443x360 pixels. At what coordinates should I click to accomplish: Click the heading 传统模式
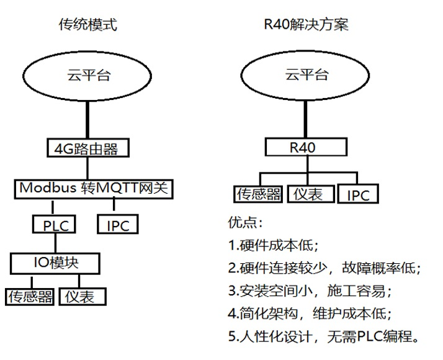click(87, 25)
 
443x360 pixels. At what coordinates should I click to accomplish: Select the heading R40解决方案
click(305, 25)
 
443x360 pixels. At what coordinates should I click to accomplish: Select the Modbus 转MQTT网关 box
click(92, 188)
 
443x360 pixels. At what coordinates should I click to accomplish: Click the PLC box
click(55, 225)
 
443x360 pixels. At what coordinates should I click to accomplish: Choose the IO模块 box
click(55, 263)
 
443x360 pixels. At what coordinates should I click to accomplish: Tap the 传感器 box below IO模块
click(30, 297)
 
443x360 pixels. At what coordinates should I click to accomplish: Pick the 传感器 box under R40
click(257, 194)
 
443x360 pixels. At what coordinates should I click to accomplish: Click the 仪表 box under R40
click(309, 194)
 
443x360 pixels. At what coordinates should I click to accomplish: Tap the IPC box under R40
click(358, 195)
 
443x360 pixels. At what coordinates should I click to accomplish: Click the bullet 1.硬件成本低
click(273, 245)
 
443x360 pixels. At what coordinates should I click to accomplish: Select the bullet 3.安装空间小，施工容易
click(310, 290)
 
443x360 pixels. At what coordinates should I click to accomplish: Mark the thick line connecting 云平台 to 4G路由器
click(88, 121)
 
